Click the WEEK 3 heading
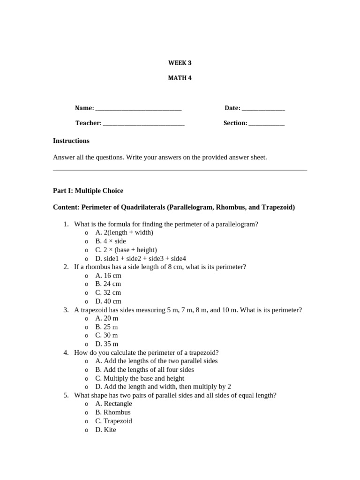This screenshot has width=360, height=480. point(180,63)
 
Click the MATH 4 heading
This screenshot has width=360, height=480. point(180,78)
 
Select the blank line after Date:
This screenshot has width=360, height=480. point(263,109)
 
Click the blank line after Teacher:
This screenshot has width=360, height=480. point(143,124)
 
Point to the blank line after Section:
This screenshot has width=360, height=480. point(266,124)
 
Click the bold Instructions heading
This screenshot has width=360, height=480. point(71,141)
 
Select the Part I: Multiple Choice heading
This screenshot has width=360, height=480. point(88,191)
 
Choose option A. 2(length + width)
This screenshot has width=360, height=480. point(124,232)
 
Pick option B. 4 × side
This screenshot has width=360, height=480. point(111,241)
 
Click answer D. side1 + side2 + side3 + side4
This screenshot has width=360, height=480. point(141,258)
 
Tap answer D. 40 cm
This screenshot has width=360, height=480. point(108,301)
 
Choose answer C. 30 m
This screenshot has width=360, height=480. point(106,336)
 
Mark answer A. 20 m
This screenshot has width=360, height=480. point(106,318)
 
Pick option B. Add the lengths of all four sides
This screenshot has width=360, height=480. point(144,370)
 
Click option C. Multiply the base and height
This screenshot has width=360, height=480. point(140,378)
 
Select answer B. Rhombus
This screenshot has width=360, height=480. point(113,412)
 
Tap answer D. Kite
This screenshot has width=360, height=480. point(105,430)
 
